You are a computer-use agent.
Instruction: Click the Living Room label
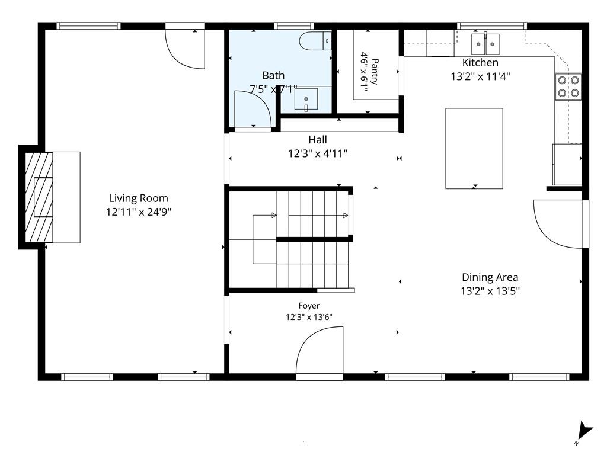(138, 198)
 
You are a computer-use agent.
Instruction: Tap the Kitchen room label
(480, 62)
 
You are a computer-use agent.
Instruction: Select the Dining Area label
(490, 277)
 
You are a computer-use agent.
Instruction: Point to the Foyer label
(309, 306)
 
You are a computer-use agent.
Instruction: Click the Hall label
(318, 139)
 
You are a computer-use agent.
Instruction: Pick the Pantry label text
(375, 71)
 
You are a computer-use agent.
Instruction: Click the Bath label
(273, 75)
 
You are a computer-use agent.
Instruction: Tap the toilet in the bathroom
(315, 41)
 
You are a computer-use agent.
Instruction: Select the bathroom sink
(306, 99)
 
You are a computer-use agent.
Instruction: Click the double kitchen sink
(485, 44)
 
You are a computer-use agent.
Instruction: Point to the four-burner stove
(568, 86)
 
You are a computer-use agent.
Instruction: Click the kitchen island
(474, 149)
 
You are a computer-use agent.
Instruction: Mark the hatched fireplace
(39, 197)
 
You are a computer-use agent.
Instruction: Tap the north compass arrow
(584, 431)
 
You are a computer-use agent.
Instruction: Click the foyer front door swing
(320, 350)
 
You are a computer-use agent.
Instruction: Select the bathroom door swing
(253, 109)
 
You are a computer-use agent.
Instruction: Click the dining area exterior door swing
(558, 224)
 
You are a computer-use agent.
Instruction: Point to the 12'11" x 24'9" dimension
(139, 212)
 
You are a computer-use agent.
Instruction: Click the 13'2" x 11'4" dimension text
(480, 76)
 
